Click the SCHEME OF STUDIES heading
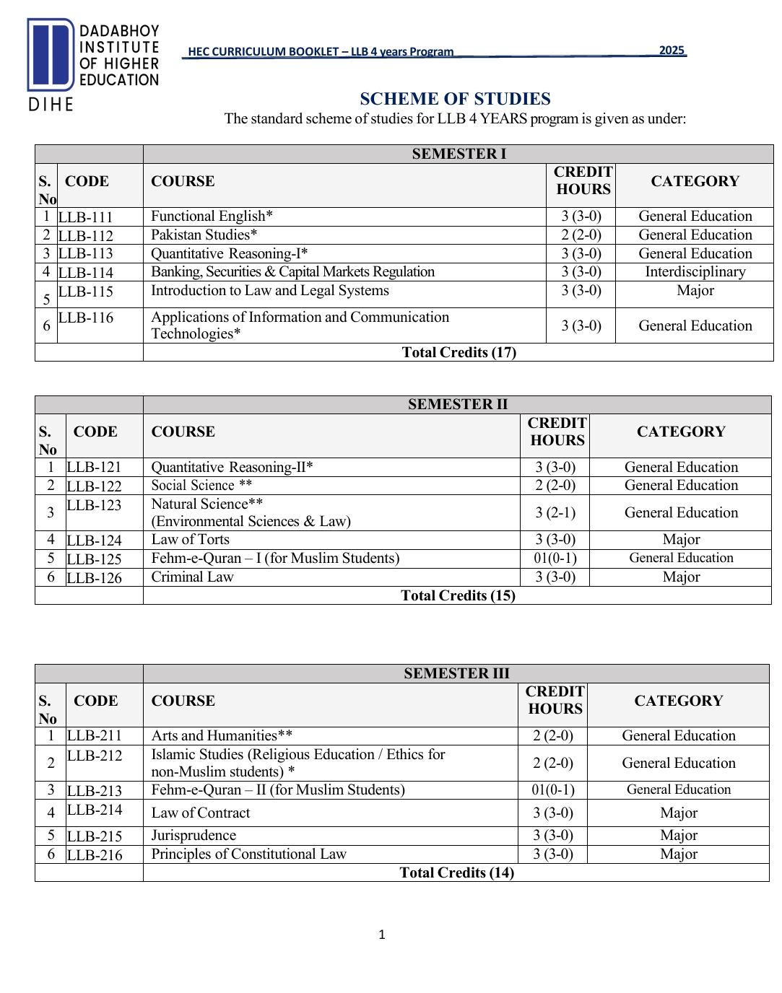tap(455, 99)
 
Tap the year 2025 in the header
tap(672, 51)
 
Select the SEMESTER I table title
tap(459, 154)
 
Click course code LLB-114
tap(86, 273)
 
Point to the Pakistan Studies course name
tap(204, 235)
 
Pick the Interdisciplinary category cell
tap(695, 272)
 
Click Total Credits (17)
tap(459, 352)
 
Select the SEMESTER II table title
tap(457, 404)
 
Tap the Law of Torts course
tap(190, 540)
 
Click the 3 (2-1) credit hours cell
tap(555, 512)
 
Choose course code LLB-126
tap(95, 578)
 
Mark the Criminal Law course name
tap(192, 577)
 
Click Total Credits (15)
tap(458, 595)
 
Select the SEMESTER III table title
tap(456, 673)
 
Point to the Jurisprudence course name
tap(194, 836)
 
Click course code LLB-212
tap(95, 756)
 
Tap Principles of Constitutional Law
tap(248, 854)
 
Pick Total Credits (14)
tap(456, 872)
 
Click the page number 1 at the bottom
tap(382, 935)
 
